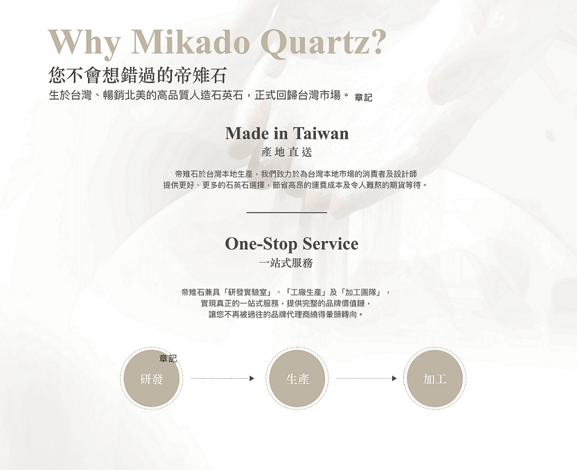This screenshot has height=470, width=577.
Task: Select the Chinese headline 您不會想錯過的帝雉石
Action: pyautogui.click(x=137, y=75)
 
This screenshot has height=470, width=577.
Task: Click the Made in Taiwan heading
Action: pyautogui.click(x=287, y=133)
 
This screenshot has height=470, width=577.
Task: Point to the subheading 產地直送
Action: pyautogui.click(x=287, y=151)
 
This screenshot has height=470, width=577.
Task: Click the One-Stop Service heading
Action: pyautogui.click(x=291, y=244)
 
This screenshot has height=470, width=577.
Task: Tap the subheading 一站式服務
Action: pyautogui.click(x=286, y=263)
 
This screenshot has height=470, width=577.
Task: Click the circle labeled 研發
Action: pyautogui.click(x=151, y=378)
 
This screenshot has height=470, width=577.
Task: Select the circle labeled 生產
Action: pyautogui.click(x=297, y=378)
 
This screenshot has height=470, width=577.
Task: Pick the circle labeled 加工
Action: pyautogui.click(x=434, y=378)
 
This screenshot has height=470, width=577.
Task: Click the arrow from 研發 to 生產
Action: pyautogui.click(x=223, y=378)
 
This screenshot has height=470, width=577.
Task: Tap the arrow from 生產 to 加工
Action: pyautogui.click(x=366, y=378)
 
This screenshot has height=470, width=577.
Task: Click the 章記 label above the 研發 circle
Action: pyautogui.click(x=168, y=358)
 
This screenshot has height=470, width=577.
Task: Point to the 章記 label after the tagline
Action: pyautogui.click(x=363, y=97)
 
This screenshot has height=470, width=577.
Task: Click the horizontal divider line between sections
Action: pyautogui.click(x=287, y=213)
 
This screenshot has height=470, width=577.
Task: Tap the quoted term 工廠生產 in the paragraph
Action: pyautogui.click(x=306, y=293)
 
